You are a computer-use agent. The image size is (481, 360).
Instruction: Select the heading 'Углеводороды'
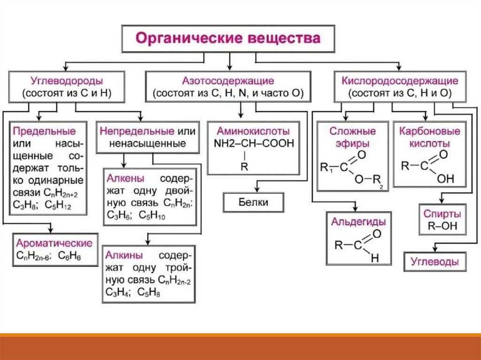click(x=67, y=81)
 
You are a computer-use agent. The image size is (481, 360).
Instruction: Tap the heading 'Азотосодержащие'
click(x=228, y=81)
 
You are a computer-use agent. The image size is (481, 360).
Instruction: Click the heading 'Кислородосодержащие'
click(x=400, y=81)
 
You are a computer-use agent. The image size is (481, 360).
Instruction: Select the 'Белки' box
click(x=254, y=202)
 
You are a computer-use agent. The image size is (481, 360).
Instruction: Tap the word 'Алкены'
click(x=125, y=179)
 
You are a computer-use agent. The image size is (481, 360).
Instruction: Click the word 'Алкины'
click(x=124, y=255)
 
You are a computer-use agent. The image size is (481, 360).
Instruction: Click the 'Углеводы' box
click(x=435, y=261)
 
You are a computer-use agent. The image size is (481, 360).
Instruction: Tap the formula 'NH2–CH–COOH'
click(x=254, y=143)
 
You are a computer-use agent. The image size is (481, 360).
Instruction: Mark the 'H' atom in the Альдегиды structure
click(x=374, y=258)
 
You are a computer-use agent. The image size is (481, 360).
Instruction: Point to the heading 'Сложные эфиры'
click(x=352, y=137)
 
